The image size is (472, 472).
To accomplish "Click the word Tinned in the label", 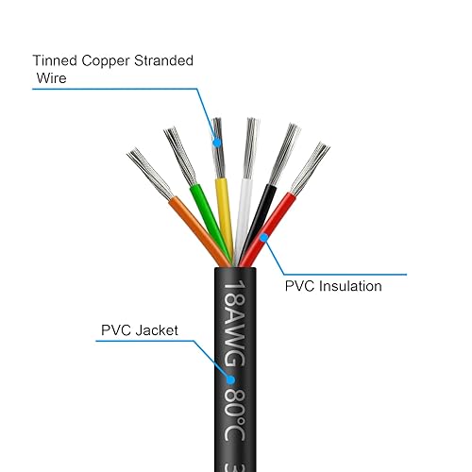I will click(53, 60).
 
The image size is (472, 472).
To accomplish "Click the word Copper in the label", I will click(104, 60).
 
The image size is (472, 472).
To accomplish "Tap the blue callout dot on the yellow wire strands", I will click(218, 143).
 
